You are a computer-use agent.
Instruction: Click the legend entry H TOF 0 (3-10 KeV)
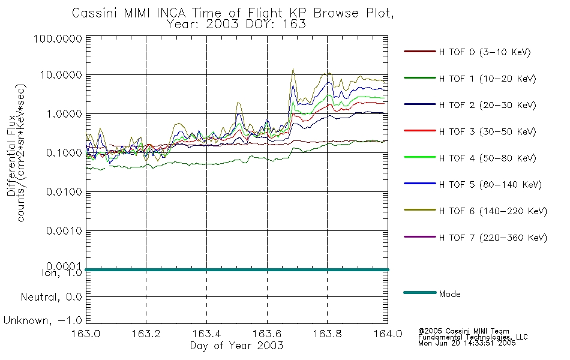485,52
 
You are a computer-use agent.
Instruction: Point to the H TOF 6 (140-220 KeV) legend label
493,211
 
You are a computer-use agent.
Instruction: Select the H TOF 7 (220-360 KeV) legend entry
493,238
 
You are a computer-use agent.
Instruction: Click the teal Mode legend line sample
419,293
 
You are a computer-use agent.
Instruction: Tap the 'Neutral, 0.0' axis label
52,297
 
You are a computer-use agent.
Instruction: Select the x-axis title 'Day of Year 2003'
236,346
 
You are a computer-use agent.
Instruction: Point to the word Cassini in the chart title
91,13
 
